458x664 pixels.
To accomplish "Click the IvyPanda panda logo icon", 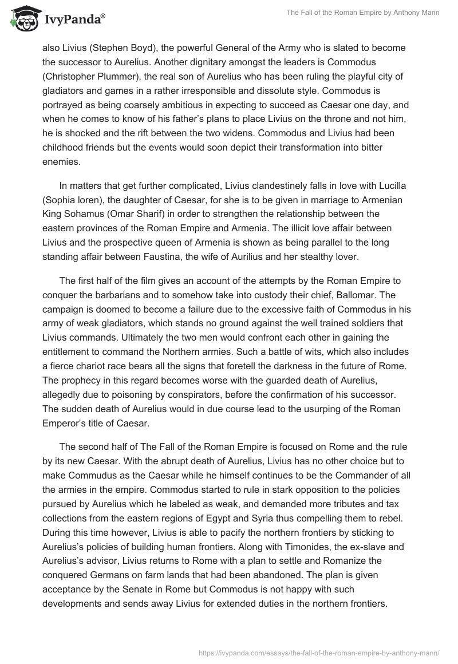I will pyautogui.click(x=22, y=20).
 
